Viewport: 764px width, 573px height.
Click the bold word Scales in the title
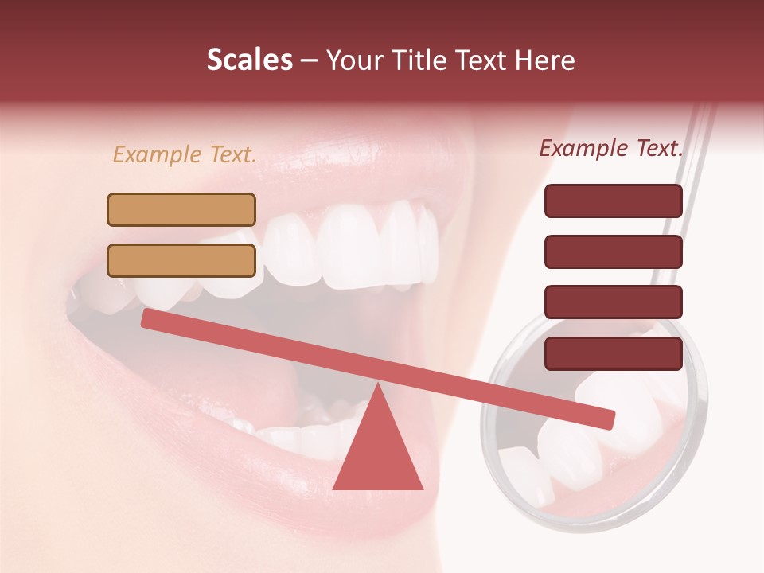249,60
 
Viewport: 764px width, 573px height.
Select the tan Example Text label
185,154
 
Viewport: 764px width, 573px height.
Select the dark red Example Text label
611,148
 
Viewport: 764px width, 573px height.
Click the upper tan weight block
181,209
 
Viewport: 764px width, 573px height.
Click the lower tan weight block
181,260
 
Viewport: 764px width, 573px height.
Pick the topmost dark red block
614,201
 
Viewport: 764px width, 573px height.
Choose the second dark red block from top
614,251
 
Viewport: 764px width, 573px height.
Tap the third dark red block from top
614,302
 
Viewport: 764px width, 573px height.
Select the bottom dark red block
614,353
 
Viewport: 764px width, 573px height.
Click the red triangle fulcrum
377,454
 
